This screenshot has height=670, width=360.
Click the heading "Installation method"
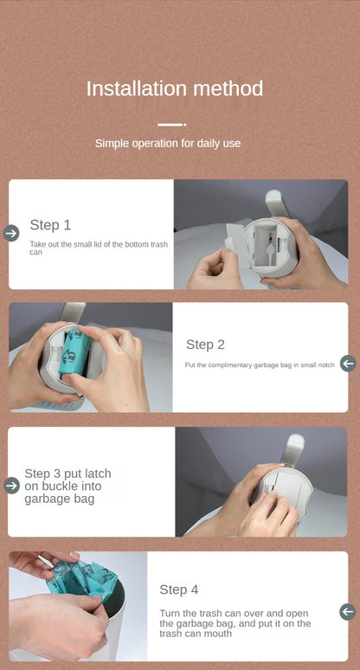click(174, 88)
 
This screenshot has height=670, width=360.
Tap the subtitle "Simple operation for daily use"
click(168, 143)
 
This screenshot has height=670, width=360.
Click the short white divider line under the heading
click(171, 125)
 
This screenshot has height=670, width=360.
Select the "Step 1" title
click(50, 225)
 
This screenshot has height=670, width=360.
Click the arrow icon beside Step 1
click(11, 233)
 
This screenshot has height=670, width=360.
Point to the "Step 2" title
click(205, 345)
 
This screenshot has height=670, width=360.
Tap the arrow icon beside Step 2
click(348, 364)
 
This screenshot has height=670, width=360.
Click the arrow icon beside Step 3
click(11, 486)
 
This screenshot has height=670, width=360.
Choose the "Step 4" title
click(178, 589)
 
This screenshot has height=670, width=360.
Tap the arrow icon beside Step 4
click(348, 611)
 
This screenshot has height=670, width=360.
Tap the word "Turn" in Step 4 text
click(170, 613)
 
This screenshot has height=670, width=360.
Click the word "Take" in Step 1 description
click(38, 245)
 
